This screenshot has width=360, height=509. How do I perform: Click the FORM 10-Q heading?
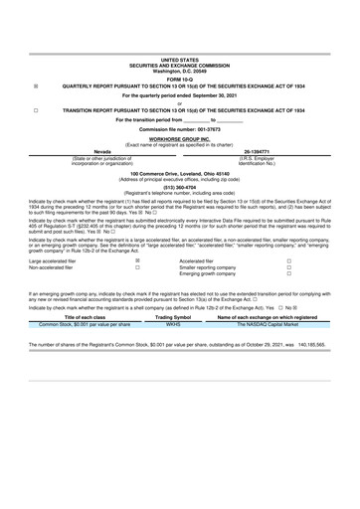(179, 80)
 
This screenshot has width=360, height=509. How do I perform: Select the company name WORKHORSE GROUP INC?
(179, 140)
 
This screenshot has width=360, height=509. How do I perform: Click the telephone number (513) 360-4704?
(179, 186)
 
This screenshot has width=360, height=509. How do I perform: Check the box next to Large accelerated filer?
(137, 260)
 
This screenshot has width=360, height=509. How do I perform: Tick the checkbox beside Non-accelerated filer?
(137, 267)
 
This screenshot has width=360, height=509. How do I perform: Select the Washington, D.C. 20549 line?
(179, 72)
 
